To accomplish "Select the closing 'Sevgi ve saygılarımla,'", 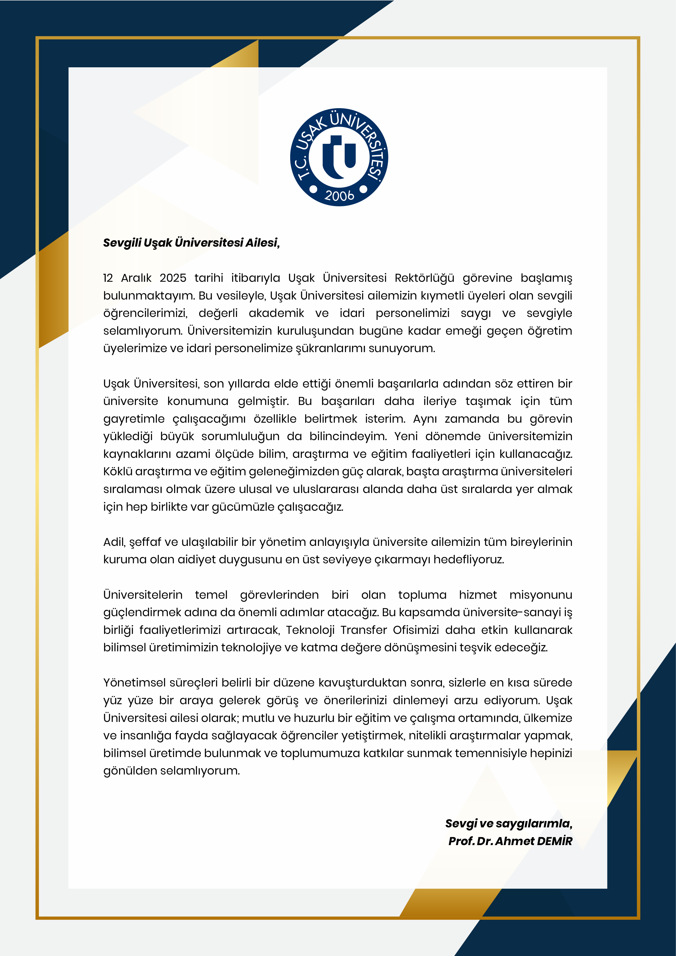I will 509,823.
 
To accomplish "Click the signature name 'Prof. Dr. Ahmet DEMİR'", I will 510,841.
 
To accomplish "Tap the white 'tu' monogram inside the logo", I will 339,156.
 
